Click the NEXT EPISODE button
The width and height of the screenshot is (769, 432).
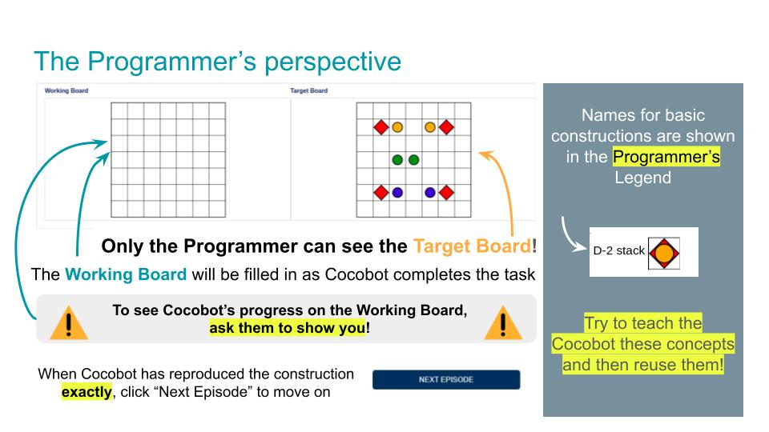click(446, 379)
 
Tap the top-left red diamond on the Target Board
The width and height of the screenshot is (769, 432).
click(381, 127)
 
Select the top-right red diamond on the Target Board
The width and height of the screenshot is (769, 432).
click(446, 127)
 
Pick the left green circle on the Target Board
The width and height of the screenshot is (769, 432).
click(398, 160)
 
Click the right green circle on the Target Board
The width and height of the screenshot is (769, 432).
click(414, 160)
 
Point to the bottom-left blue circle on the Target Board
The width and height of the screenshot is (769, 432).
click(398, 193)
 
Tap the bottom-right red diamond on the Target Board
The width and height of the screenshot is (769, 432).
click(446, 193)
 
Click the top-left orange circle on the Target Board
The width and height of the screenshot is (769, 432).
click(398, 127)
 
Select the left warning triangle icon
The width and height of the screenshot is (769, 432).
click(69, 323)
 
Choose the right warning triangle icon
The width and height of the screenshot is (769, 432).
click(503, 323)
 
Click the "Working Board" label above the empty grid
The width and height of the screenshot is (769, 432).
click(66, 90)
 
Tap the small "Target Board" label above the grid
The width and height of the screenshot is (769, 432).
click(309, 90)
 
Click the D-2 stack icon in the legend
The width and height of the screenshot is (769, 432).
click(664, 254)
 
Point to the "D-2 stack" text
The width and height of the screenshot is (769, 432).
click(619, 250)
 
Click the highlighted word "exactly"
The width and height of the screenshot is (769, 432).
click(87, 392)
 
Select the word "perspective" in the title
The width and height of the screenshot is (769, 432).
click(333, 62)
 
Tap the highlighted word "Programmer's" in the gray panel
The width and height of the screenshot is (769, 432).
click(666, 157)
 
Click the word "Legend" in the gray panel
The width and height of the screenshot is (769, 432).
click(643, 178)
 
